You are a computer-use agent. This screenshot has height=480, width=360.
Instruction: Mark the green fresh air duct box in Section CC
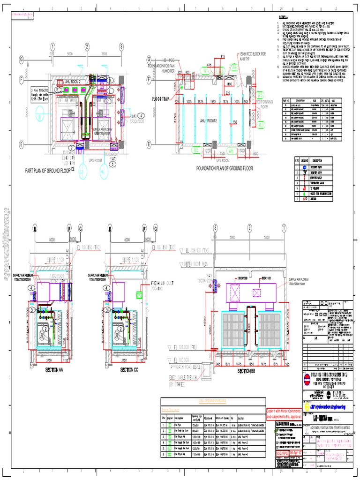[x=139, y=295]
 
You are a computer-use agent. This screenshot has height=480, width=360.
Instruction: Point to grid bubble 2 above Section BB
[x=249, y=228]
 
